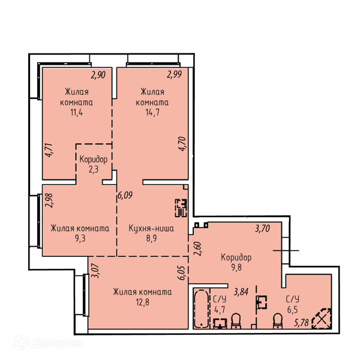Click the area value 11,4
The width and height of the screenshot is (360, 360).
click(x=77, y=113)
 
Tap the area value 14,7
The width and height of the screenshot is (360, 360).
click(x=152, y=113)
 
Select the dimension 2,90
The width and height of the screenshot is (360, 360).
click(x=98, y=75)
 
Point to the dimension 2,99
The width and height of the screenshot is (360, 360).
click(x=174, y=74)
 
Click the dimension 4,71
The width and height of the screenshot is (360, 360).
click(x=49, y=150)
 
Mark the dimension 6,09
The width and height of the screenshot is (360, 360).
click(x=125, y=196)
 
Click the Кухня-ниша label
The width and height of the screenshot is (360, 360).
click(x=151, y=229)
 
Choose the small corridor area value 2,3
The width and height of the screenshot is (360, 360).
click(x=94, y=169)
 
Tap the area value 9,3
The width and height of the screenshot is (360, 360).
click(x=80, y=239)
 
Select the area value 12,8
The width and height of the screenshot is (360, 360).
click(x=142, y=302)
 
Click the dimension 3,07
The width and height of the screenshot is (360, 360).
click(x=95, y=271)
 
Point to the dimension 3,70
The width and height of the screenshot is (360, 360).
click(x=262, y=229)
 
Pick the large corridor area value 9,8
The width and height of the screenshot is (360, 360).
click(x=236, y=268)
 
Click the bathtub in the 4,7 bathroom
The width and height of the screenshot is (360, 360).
click(x=202, y=309)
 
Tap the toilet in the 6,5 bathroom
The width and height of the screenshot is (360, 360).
click(x=278, y=321)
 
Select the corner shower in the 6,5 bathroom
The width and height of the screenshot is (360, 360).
click(x=322, y=319)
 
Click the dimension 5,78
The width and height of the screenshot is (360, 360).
click(x=301, y=323)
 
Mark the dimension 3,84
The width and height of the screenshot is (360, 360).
click(x=241, y=292)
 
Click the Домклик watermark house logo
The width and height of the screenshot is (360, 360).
click(x=22, y=342)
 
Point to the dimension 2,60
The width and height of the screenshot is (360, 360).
click(x=197, y=249)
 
